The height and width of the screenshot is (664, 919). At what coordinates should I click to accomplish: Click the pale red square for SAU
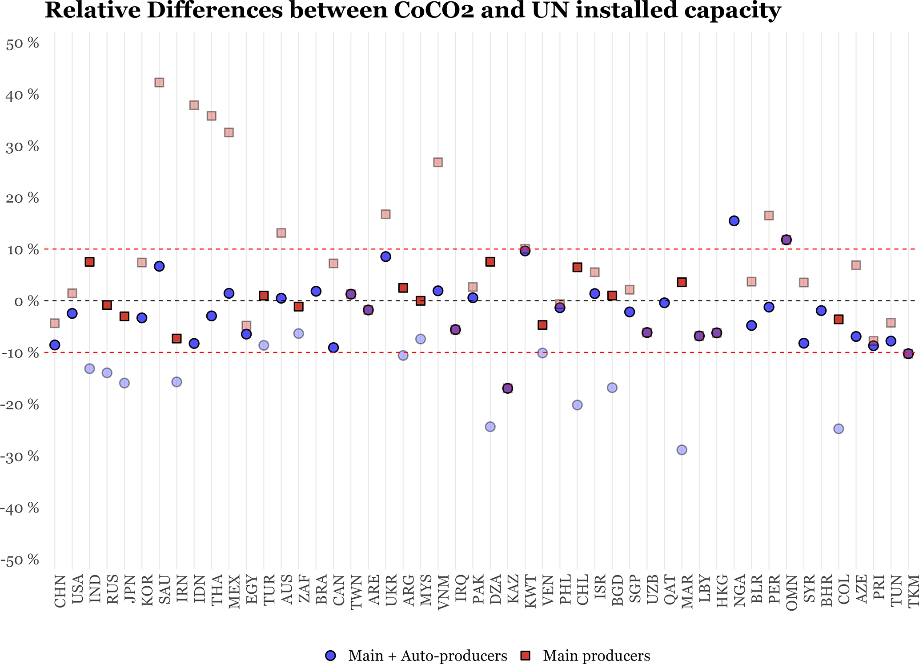click(159, 83)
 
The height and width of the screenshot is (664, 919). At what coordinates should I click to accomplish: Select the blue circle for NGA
click(734, 221)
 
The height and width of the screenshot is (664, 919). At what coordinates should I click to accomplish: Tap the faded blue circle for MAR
click(682, 450)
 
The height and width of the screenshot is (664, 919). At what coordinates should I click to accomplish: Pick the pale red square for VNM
click(438, 162)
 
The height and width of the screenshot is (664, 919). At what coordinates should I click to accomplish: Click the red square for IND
click(89, 262)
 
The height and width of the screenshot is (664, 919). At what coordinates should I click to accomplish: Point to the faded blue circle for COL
click(839, 429)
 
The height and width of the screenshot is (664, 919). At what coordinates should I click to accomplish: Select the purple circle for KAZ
click(508, 388)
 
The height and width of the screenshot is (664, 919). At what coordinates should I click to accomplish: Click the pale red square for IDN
click(194, 105)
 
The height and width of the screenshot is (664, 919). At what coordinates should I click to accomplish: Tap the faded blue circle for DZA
click(490, 427)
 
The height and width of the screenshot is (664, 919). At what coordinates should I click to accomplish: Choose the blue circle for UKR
click(385, 256)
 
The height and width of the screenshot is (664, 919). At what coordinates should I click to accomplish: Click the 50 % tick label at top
click(22, 44)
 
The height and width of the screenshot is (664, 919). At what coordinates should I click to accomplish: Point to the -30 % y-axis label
click(20, 456)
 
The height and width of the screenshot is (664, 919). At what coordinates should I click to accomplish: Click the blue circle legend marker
click(331, 655)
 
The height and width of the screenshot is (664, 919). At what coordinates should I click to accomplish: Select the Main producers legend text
click(596, 656)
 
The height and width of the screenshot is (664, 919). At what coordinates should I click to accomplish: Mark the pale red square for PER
click(769, 216)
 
